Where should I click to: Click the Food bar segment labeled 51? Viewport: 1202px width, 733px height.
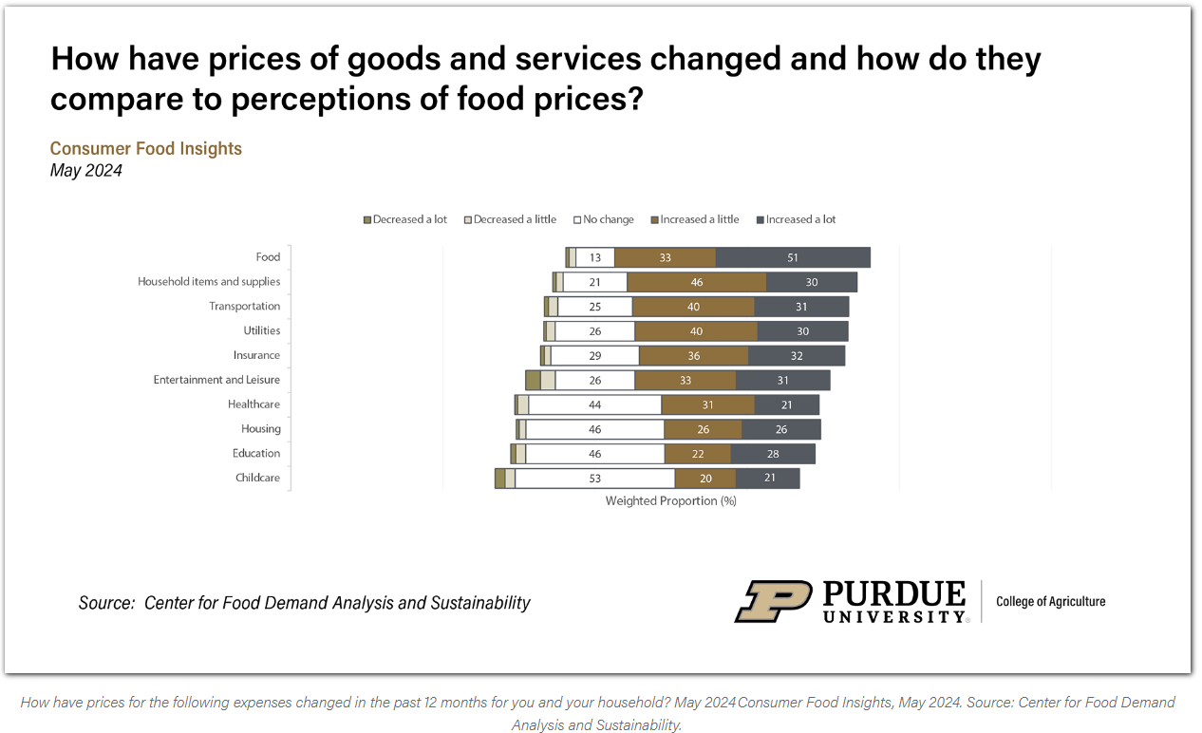click(x=793, y=257)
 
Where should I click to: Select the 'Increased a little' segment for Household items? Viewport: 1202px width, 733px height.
click(x=697, y=282)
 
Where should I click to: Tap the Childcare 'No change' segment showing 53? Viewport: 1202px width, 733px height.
click(x=595, y=479)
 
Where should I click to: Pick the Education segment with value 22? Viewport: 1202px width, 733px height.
click(x=698, y=454)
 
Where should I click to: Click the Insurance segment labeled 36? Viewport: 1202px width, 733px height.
click(x=693, y=356)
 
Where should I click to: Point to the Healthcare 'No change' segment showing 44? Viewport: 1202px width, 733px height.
click(x=595, y=404)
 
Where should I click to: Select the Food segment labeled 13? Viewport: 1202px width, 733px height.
click(x=595, y=257)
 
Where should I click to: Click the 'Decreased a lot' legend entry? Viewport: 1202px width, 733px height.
click(x=405, y=219)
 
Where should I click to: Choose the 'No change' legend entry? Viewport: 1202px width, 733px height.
click(x=604, y=219)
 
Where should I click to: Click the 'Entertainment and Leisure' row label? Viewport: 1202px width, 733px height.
click(x=216, y=380)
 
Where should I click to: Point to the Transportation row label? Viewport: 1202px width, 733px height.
click(x=244, y=307)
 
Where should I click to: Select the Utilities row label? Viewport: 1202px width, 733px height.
click(x=261, y=331)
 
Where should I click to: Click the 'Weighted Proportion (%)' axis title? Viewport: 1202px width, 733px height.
click(x=670, y=501)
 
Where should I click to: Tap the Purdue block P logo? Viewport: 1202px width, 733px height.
click(x=772, y=601)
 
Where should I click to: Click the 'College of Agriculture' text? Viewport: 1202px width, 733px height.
click(x=1050, y=601)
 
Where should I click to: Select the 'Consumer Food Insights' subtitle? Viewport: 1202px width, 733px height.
click(x=145, y=148)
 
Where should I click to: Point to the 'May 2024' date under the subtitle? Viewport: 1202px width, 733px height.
click(x=85, y=171)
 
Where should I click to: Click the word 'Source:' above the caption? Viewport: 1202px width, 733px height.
click(x=106, y=603)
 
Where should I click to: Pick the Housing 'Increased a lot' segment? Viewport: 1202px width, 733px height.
click(x=781, y=429)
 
